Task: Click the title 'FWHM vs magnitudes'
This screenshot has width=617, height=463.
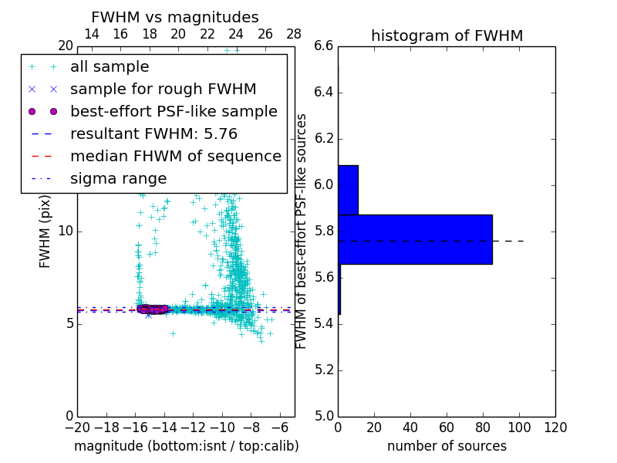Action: [175, 17]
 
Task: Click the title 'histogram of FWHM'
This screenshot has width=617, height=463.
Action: [447, 35]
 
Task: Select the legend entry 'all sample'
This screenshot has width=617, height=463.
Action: [110, 67]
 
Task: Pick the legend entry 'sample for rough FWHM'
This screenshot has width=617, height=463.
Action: [163, 89]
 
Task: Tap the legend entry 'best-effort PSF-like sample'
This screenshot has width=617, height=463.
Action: [174, 111]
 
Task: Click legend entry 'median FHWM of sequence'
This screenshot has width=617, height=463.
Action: [175, 156]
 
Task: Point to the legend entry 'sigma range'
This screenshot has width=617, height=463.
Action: [118, 178]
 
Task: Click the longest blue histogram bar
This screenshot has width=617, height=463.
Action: [415, 239]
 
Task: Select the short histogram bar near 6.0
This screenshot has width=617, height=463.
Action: [348, 190]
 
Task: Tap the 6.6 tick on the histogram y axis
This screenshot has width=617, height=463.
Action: [325, 46]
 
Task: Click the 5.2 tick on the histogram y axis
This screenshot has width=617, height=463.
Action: [325, 370]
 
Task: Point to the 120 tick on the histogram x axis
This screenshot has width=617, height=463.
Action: [555, 428]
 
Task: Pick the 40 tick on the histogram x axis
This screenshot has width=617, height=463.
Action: [410, 428]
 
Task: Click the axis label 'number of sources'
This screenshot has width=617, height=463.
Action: [447, 446]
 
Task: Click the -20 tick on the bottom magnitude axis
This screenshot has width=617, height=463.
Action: [77, 428]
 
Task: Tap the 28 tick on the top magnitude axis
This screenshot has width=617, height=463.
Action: [294, 34]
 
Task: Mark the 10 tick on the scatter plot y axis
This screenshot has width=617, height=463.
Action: [66, 231]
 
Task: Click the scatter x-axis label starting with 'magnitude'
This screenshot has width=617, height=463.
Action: [186, 446]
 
